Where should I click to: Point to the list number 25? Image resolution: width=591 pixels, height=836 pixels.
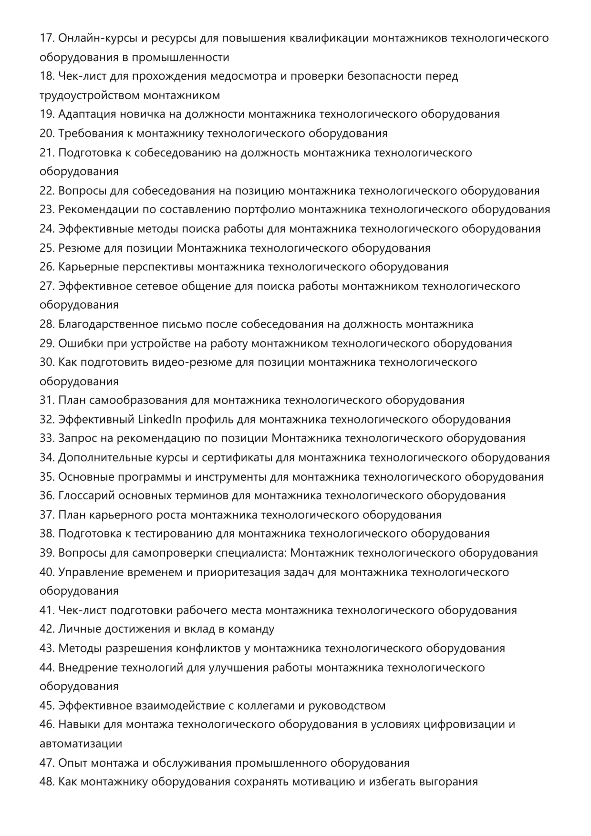tap(47, 248)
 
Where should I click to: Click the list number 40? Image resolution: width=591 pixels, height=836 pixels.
tap(47, 572)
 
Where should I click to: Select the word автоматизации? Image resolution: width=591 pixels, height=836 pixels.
tap(81, 744)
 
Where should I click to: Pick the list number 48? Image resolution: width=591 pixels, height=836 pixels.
tap(47, 782)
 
